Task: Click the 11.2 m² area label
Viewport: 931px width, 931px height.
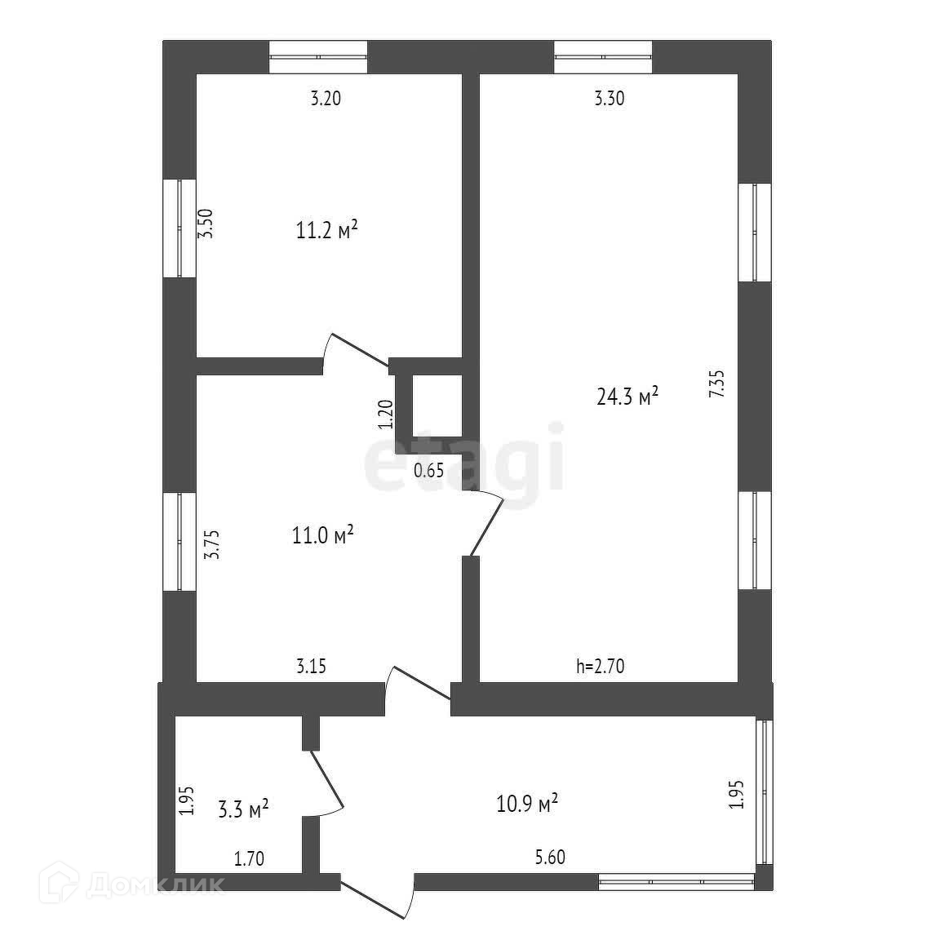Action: pyautogui.click(x=326, y=232)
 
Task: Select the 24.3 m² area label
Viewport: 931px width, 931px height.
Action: pyautogui.click(x=627, y=397)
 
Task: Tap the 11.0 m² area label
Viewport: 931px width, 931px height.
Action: pyautogui.click(x=322, y=536)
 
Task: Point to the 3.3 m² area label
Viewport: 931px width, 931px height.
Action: pyautogui.click(x=243, y=810)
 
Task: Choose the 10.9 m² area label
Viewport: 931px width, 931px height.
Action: pyautogui.click(x=527, y=804)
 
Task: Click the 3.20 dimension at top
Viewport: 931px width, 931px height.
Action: pyautogui.click(x=326, y=100)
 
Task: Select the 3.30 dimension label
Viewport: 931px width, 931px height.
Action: pyautogui.click(x=610, y=100)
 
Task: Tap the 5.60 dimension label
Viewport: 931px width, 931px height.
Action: pyautogui.click(x=549, y=858)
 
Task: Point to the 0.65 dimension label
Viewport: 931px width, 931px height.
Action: pyautogui.click(x=428, y=470)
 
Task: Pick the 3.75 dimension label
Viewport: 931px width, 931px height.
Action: pyautogui.click(x=211, y=544)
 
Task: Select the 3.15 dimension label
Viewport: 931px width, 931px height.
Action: pyautogui.click(x=312, y=667)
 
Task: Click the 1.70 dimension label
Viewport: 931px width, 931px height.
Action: pyautogui.click(x=249, y=858)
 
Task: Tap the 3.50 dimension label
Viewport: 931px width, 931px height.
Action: pyautogui.click(x=207, y=223)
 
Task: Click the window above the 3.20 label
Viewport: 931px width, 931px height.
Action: pyautogui.click(x=318, y=57)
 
